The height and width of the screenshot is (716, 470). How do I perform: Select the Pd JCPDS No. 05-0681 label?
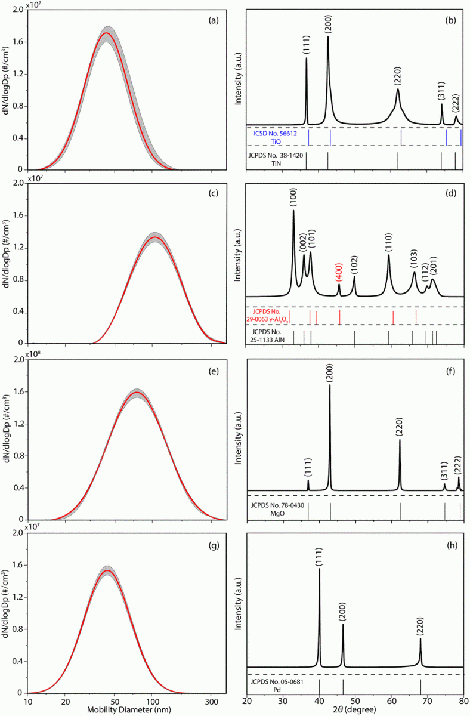[x=276, y=684]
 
